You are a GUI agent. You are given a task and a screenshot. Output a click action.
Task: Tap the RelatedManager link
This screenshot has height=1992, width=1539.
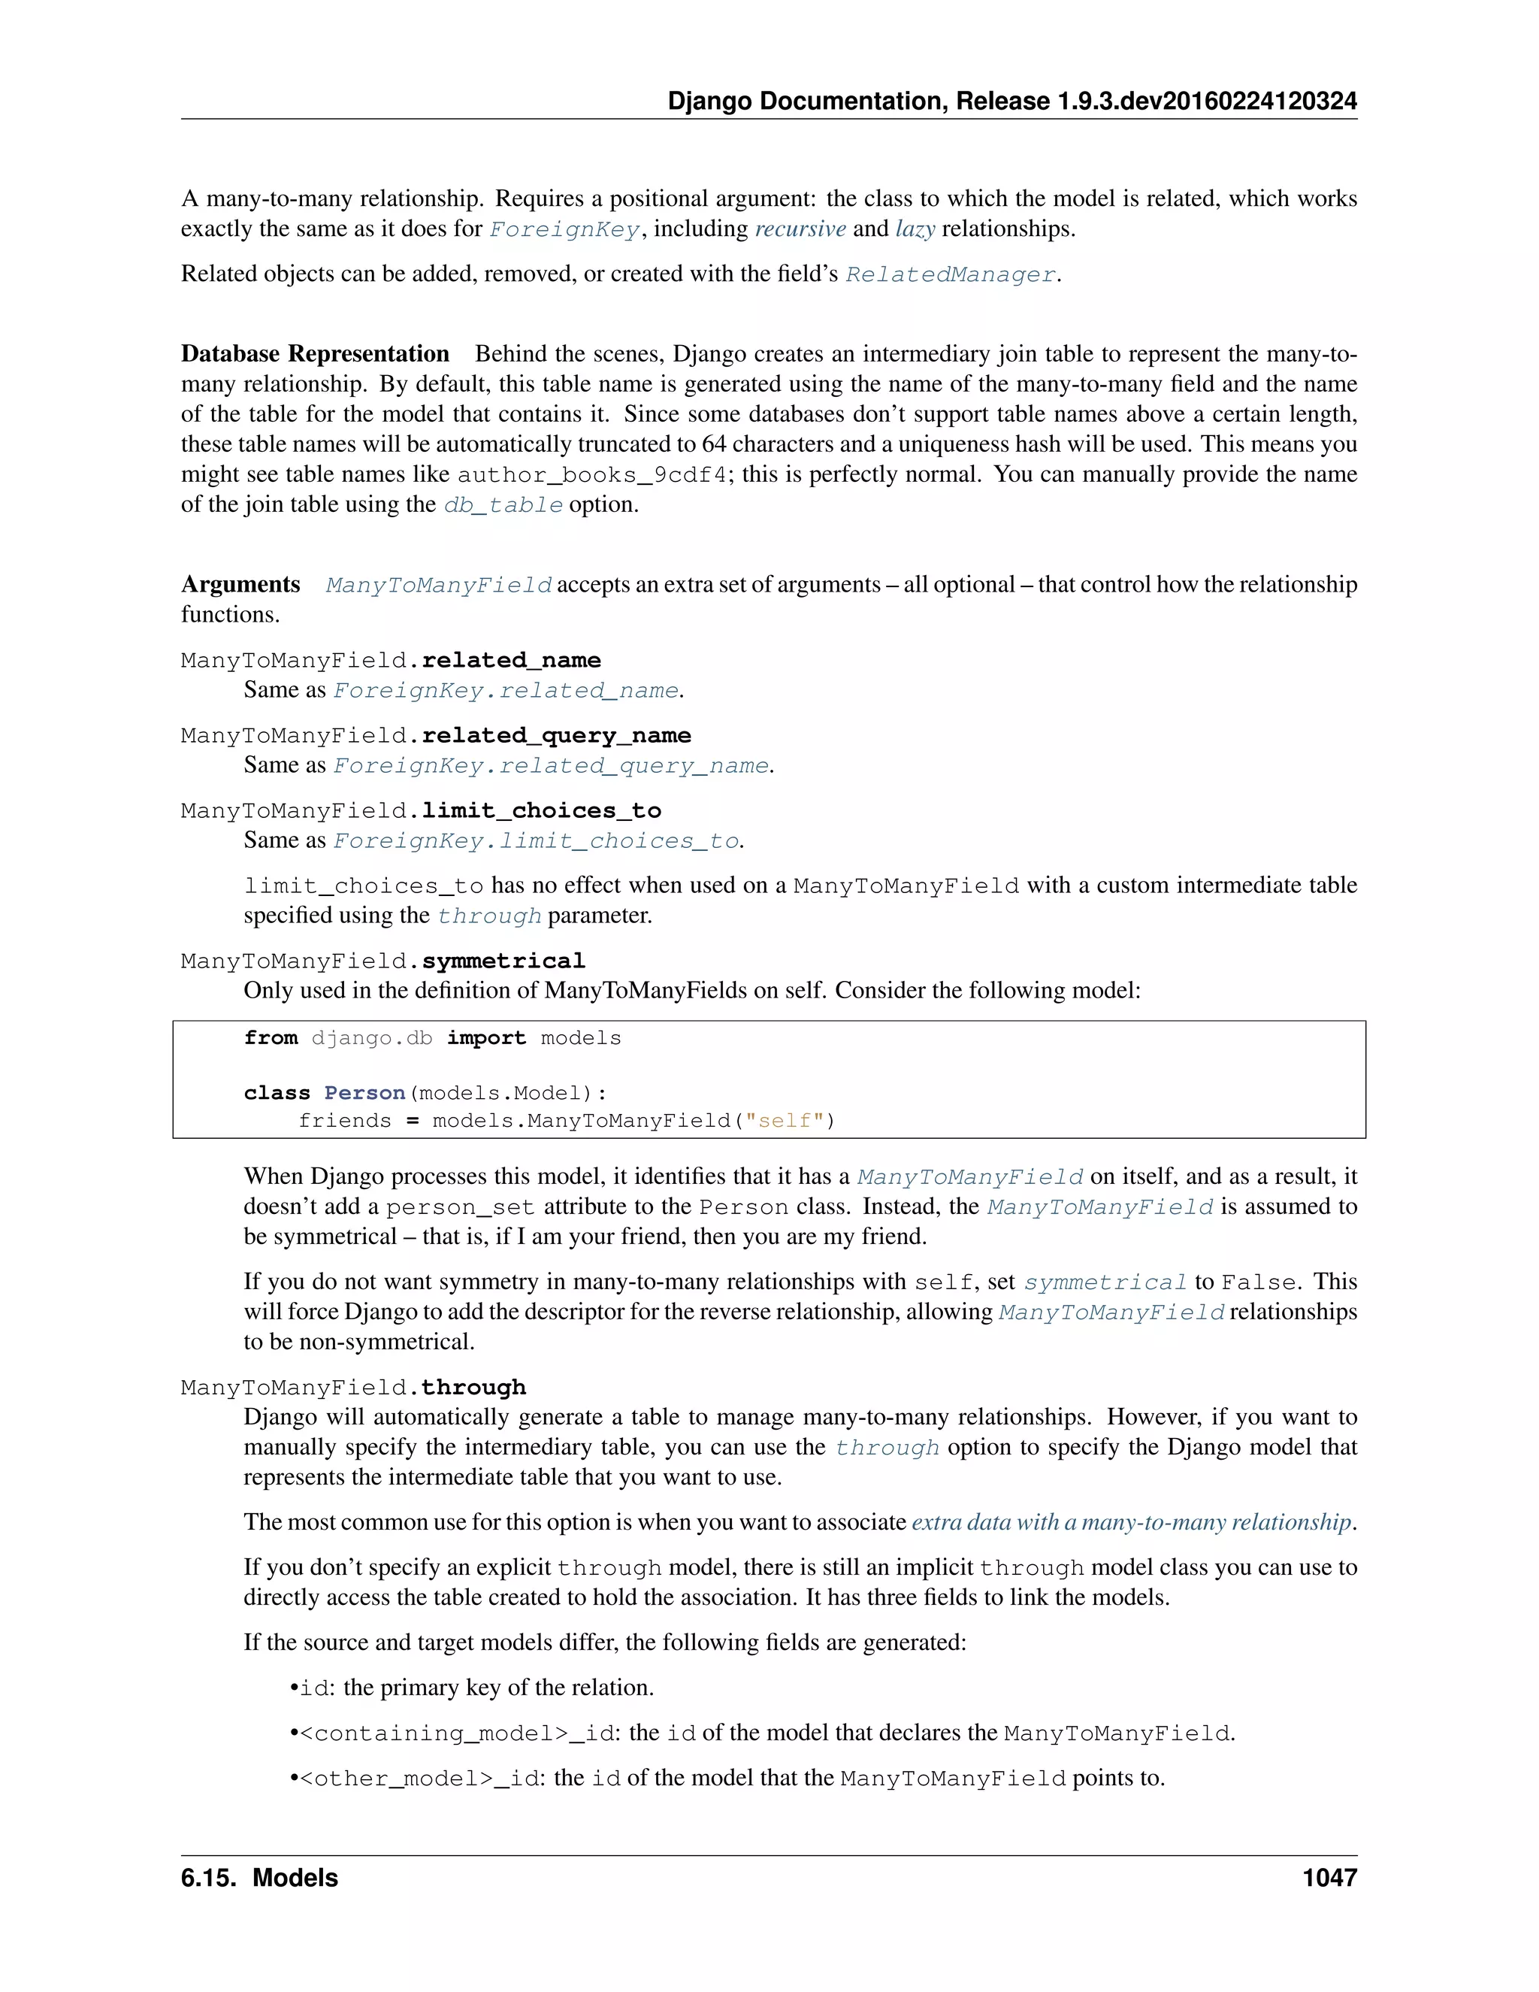950,274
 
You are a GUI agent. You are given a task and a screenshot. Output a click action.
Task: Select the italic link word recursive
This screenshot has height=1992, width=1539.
800,229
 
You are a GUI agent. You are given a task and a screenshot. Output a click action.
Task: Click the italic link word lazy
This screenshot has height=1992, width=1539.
915,229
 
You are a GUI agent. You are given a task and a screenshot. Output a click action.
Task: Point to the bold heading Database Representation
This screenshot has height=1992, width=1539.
315,354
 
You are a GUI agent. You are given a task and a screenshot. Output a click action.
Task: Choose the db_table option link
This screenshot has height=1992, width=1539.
503,505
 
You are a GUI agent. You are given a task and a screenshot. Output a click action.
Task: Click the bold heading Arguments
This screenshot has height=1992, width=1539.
240,585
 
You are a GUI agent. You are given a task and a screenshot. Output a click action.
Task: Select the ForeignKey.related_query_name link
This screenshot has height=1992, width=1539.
551,766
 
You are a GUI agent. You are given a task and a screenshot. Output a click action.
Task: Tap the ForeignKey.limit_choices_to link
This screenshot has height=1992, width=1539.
536,841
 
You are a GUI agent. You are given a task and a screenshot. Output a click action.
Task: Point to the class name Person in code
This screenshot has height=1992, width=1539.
364,1094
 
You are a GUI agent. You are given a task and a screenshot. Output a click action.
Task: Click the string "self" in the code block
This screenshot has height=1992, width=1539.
784,1121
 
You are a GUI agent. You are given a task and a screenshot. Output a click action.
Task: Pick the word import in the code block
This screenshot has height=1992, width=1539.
486,1039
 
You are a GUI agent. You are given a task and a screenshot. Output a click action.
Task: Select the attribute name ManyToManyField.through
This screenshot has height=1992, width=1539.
353,1388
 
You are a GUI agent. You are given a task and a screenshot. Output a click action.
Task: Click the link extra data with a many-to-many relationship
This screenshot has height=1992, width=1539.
1130,1522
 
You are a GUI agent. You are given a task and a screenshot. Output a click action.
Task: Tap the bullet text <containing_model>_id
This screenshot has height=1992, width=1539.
459,1733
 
